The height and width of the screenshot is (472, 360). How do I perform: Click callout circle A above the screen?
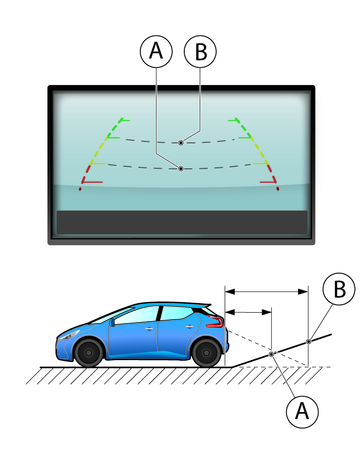(156, 52)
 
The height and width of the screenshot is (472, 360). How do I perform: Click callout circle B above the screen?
(200, 52)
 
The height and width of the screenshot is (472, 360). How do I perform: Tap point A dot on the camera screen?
(181, 169)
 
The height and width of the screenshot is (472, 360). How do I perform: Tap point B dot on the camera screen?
(181, 143)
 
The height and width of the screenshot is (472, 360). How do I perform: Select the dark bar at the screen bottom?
(182, 222)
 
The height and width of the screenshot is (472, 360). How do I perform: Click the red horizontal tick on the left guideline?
(92, 182)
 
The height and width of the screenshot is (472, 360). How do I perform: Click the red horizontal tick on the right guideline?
(268, 182)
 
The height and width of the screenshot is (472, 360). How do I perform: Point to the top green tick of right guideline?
(233, 120)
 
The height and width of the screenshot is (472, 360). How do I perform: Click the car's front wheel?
(89, 352)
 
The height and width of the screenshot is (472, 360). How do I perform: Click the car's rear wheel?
(207, 352)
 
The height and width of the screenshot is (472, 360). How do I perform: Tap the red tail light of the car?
(215, 322)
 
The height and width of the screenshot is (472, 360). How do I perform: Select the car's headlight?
(69, 335)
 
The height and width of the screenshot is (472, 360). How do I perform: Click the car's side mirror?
(113, 322)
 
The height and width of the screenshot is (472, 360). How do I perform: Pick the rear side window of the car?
(176, 313)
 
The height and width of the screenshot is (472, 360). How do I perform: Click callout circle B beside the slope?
(339, 289)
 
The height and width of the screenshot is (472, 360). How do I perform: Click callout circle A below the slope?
(302, 411)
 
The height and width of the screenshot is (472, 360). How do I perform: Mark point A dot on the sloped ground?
(272, 354)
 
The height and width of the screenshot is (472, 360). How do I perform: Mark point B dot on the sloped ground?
(309, 341)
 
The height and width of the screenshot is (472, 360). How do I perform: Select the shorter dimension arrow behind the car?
(249, 312)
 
